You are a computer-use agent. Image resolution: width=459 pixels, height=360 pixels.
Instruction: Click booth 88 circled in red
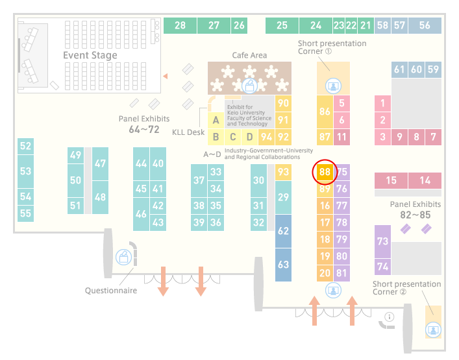pos(325,172)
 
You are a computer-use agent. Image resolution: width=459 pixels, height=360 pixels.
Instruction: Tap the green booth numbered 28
pos(180,25)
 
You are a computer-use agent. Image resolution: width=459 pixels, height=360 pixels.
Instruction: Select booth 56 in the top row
pos(425,25)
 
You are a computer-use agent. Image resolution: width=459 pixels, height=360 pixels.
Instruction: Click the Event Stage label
pos(90,55)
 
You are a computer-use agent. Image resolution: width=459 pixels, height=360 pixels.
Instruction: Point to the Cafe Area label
pos(249,55)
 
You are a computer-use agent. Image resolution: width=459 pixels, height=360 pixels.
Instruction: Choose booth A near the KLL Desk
pos(216,120)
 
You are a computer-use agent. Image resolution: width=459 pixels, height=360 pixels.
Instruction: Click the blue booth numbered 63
pos(283,265)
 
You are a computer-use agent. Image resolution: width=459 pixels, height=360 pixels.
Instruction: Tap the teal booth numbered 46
pos(141,214)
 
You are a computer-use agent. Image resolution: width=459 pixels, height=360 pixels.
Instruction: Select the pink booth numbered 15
pos(391,180)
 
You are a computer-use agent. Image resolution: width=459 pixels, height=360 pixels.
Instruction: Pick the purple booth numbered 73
pos(382,241)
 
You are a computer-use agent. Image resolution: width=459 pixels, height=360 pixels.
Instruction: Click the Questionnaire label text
pos(111,291)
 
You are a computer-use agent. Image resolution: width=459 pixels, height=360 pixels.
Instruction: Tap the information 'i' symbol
pos(390,317)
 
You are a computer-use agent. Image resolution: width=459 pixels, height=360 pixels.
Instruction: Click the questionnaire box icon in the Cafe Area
pos(249,86)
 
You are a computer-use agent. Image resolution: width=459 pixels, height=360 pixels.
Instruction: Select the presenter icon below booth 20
pos(333,291)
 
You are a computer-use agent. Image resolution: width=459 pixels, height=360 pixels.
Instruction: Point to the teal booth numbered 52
pos(25,146)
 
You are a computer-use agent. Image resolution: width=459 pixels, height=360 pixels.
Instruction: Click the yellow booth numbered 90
pos(283,103)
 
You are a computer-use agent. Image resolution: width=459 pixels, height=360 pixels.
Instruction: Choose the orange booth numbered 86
pos(325,112)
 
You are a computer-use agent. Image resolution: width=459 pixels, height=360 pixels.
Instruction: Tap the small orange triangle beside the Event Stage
pos(166,76)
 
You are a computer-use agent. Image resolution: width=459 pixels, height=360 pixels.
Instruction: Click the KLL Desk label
pos(188,132)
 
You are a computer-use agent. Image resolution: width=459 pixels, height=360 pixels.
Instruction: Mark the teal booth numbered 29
pos(283,197)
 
